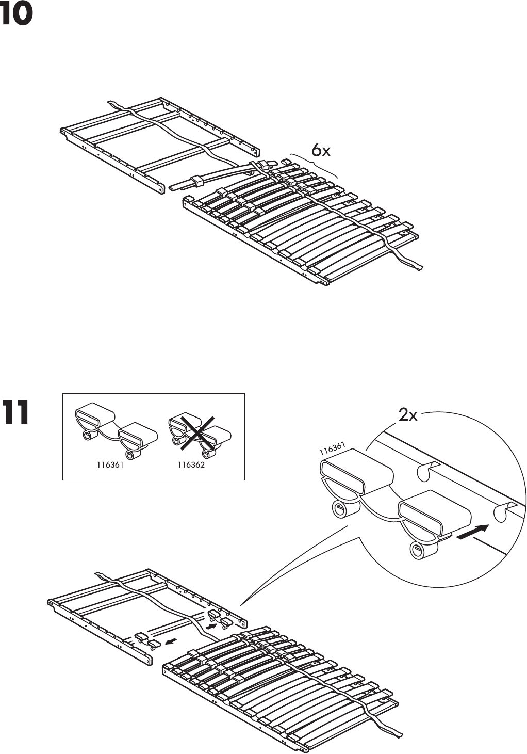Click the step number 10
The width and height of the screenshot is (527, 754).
point(17,14)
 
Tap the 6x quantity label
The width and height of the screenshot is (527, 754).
point(320,150)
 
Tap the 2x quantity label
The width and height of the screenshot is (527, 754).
point(408,415)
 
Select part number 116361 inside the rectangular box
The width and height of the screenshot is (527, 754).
point(110,465)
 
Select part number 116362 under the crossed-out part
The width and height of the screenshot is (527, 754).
point(191,465)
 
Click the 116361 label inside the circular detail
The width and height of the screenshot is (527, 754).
point(332,449)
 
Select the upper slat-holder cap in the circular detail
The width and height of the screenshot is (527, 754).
point(351,468)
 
